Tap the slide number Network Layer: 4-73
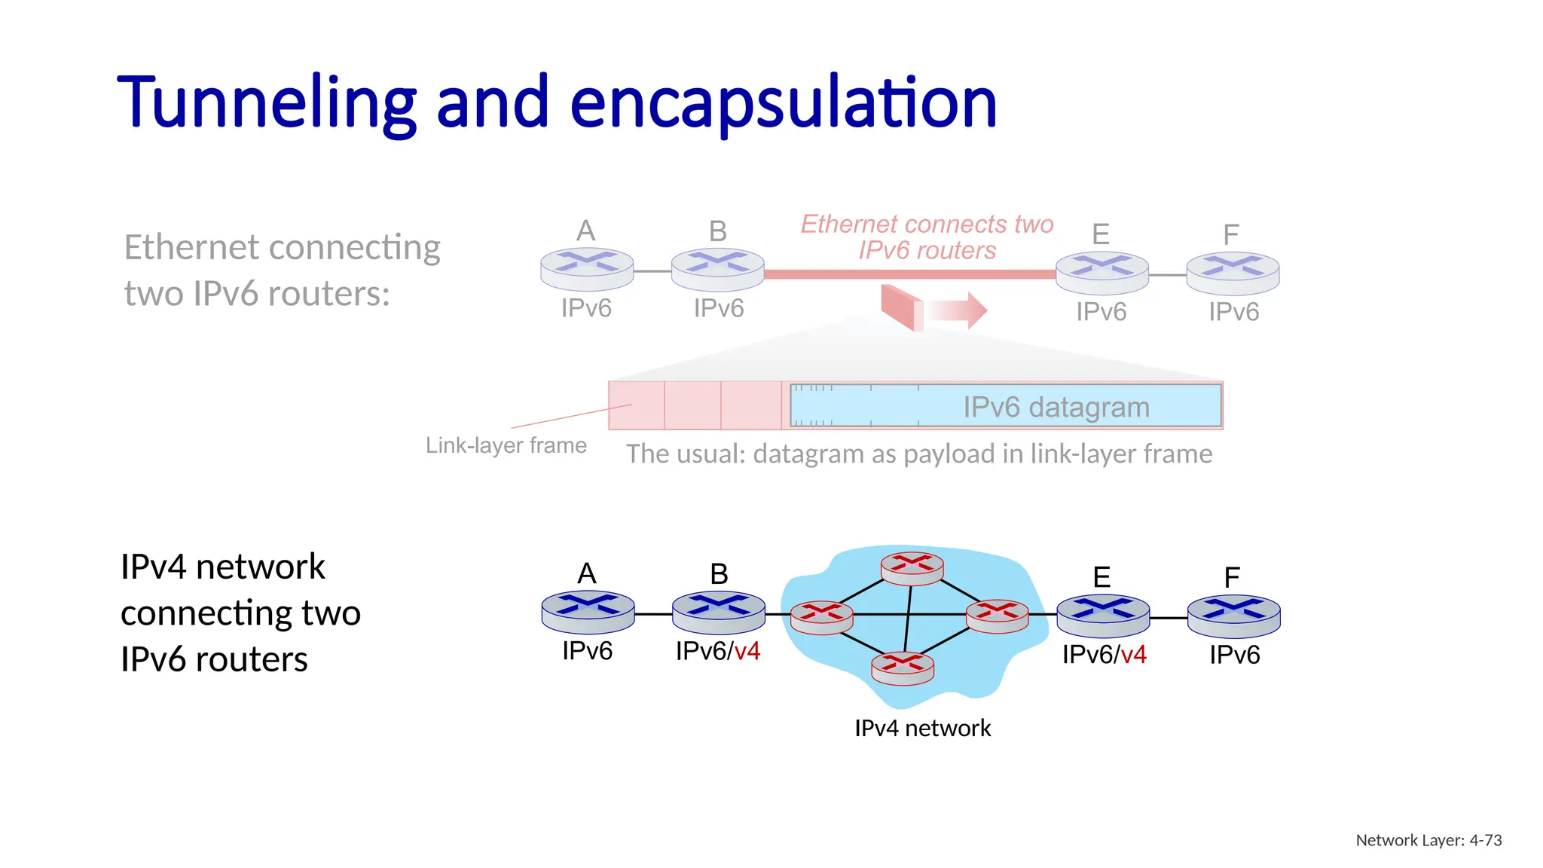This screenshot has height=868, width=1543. pyautogui.click(x=1428, y=840)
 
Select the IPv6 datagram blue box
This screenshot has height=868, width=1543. pyautogui.click(x=1006, y=406)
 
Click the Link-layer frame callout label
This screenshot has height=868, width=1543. pyautogui.click(x=506, y=445)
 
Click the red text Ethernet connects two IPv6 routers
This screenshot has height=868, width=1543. pyautogui.click(x=927, y=237)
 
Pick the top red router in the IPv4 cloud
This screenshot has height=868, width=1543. pyautogui.click(x=912, y=568)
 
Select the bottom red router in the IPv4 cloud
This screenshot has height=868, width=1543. pyautogui.click(x=902, y=668)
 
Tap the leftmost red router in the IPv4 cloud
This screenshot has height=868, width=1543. pyautogui.click(x=821, y=616)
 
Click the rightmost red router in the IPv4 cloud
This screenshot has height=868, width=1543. pyautogui.click(x=997, y=615)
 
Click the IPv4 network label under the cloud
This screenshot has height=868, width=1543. pyautogui.click(x=922, y=728)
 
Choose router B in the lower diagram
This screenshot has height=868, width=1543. pyautogui.click(x=718, y=611)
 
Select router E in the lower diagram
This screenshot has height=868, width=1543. pyautogui.click(x=1103, y=615)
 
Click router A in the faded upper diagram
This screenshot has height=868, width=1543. pyautogui.click(x=587, y=268)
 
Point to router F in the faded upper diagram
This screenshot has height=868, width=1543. pyautogui.click(x=1233, y=272)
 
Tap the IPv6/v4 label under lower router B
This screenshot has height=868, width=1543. pyautogui.click(x=717, y=651)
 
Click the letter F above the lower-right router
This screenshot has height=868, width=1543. pyautogui.click(x=1232, y=578)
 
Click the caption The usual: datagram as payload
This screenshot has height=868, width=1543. pyautogui.click(x=919, y=454)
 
